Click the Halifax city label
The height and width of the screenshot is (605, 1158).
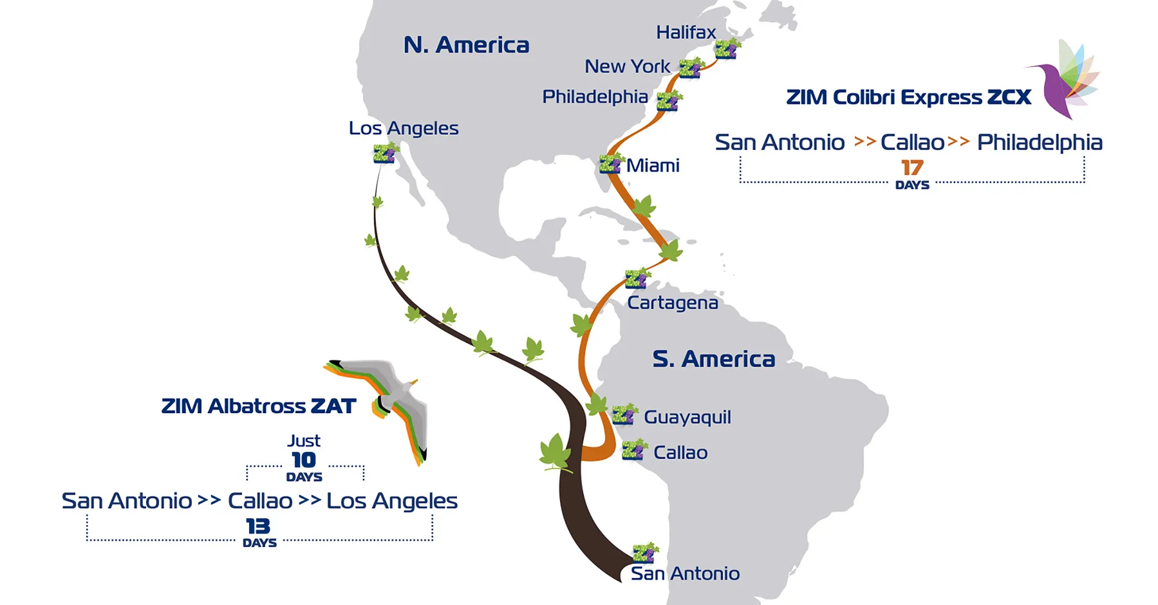[686, 32]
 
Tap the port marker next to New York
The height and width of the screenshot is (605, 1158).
[690, 68]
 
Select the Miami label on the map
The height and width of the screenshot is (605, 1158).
[653, 166]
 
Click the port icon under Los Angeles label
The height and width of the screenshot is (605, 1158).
[385, 154]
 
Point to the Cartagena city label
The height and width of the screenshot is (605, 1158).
[673, 302]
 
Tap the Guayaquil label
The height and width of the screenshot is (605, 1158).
[687, 417]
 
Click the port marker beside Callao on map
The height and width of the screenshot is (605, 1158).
[633, 451]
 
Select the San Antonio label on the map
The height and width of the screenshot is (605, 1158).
[685, 573]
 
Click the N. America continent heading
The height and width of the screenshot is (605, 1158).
[466, 45]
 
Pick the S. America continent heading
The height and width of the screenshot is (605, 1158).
[713, 358]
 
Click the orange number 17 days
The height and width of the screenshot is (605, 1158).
[912, 168]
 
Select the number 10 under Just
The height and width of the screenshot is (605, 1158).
[304, 460]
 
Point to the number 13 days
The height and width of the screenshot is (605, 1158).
[258, 526]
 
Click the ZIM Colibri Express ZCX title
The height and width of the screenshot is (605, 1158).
[908, 97]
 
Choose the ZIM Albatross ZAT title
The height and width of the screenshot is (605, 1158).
[258, 406]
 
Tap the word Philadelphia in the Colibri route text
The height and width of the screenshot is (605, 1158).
[1039, 142]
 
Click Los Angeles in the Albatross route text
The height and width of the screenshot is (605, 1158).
[391, 501]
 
